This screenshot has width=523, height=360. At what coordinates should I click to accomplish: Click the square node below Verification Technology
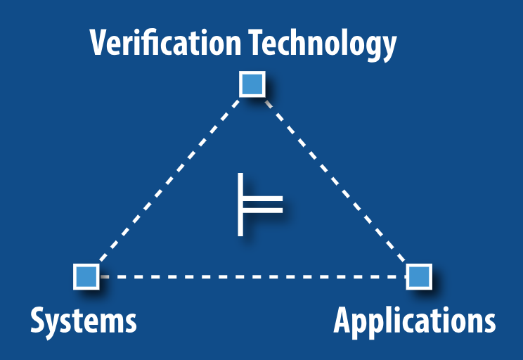251,84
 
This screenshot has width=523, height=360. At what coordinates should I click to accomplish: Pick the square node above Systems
86,276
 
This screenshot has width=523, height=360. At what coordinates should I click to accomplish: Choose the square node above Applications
419,276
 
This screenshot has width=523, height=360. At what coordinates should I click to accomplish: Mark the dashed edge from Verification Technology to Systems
169,180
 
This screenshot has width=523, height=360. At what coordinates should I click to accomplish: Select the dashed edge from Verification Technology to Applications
335,180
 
